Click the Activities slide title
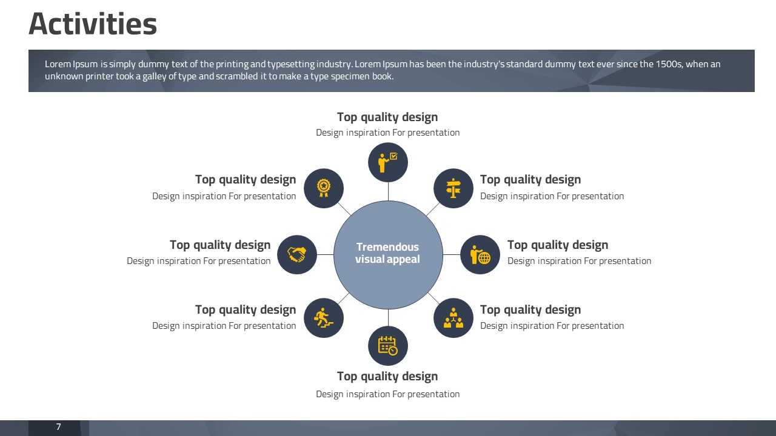click(x=93, y=24)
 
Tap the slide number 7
click(x=59, y=427)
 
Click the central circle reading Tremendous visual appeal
click(x=388, y=255)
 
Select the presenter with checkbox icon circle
click(x=388, y=162)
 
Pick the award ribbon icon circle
click(x=324, y=188)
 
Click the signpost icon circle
click(x=453, y=188)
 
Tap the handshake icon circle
click(x=297, y=255)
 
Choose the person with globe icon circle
click(x=480, y=255)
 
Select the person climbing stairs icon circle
click(x=324, y=318)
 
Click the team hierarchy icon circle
click(x=453, y=318)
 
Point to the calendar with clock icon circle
click(x=388, y=346)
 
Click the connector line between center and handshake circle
click(x=326, y=255)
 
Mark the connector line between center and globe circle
click(x=452, y=255)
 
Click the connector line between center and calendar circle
click(x=388, y=317)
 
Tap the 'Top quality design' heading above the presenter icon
click(x=387, y=117)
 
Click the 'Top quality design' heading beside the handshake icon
click(x=220, y=245)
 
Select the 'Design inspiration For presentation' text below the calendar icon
click(x=387, y=394)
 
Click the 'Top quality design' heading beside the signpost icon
click(x=530, y=180)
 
